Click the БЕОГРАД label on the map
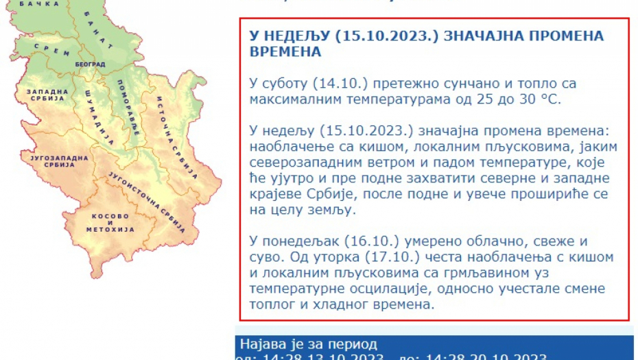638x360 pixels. coord(90,64)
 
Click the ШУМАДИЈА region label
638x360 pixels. coord(99,117)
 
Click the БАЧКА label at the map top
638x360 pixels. coord(30,4)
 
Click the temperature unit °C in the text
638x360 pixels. coord(548,99)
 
